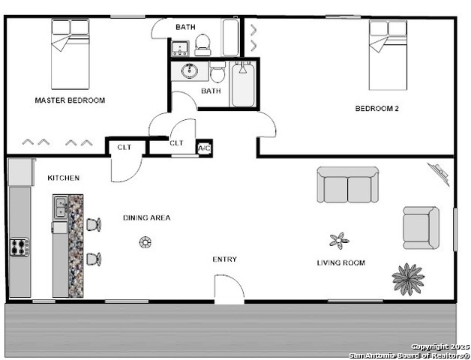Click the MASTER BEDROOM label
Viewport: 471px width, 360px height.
(x=70, y=100)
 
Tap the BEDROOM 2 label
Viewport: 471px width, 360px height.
(x=376, y=109)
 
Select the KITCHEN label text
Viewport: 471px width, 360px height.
(x=63, y=178)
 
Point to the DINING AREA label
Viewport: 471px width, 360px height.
(x=146, y=218)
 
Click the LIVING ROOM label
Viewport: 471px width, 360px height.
(x=340, y=262)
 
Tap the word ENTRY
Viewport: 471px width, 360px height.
(x=224, y=259)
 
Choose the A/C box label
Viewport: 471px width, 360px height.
(x=204, y=148)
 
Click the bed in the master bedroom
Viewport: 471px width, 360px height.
(x=70, y=54)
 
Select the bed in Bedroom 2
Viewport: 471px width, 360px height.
(x=388, y=54)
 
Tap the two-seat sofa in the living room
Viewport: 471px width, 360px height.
(x=347, y=184)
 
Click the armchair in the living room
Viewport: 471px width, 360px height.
(x=421, y=227)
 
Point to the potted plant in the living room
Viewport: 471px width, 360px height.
(x=407, y=279)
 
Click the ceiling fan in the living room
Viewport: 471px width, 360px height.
(x=339, y=241)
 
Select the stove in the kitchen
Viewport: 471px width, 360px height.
(x=19, y=247)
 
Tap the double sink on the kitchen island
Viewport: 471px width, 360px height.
(x=60, y=207)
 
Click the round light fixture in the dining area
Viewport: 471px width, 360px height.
(x=145, y=241)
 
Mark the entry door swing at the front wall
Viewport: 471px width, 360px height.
(x=229, y=289)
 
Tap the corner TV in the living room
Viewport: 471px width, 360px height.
(x=439, y=175)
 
